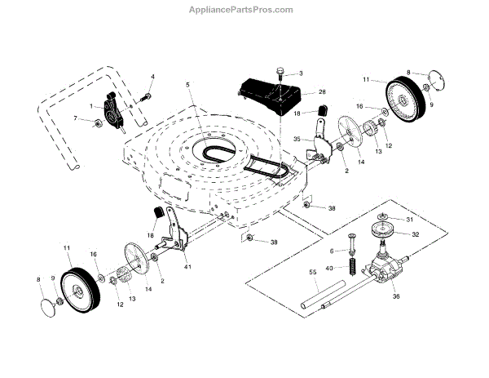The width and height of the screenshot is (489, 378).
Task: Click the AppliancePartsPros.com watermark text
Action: [x=244, y=10]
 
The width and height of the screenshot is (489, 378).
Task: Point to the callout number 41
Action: [x=187, y=267]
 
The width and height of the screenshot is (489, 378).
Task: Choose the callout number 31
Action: [x=410, y=220]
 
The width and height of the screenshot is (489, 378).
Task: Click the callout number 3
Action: [x=299, y=74]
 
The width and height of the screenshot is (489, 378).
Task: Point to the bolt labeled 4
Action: [x=144, y=97]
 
